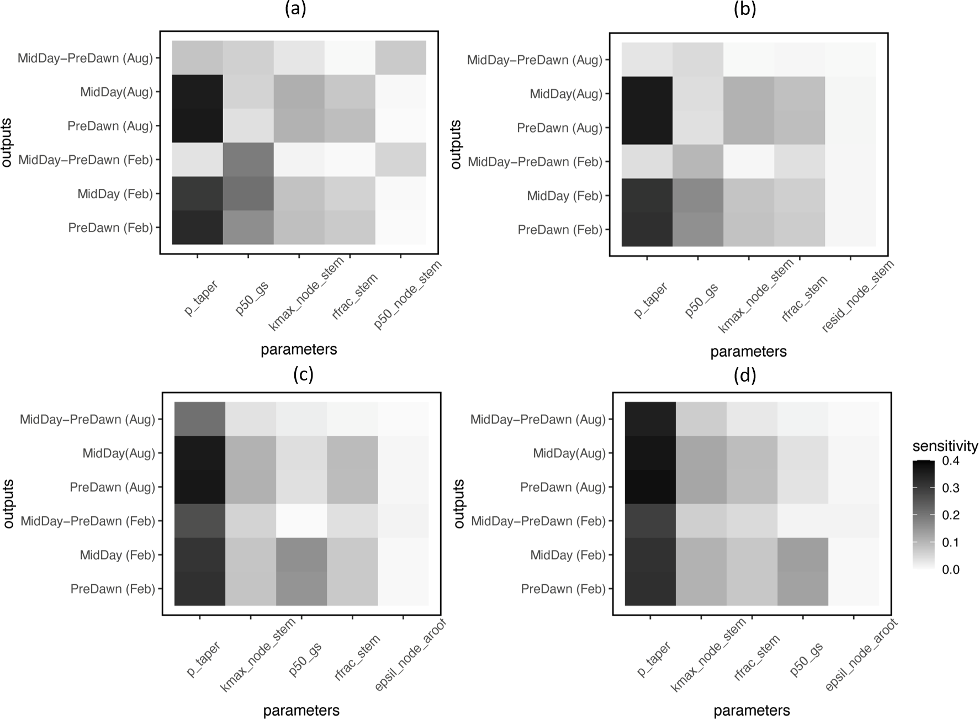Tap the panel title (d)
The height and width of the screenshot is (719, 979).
745,375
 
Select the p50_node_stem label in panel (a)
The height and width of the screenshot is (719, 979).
408,295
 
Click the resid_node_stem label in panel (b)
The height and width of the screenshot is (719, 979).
858,297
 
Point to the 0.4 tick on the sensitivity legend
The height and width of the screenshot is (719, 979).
951,461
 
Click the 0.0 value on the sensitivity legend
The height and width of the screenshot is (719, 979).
951,569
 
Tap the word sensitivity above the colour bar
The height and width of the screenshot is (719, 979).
945,446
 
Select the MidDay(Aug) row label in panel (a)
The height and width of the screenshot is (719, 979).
117,92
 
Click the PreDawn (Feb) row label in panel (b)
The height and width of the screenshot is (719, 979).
560,230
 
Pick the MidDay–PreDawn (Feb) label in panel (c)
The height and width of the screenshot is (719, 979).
88,521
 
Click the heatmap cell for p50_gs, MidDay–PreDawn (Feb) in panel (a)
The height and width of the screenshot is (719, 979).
248,160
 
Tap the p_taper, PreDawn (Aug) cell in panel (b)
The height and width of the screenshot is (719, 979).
647,128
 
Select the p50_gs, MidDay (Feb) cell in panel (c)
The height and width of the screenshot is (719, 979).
301,555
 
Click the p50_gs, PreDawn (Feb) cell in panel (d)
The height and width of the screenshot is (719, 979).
802,589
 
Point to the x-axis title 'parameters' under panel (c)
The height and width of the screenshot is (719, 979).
301,710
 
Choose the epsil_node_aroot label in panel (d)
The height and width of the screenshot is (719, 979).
861,655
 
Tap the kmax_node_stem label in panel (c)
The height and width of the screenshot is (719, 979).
258,655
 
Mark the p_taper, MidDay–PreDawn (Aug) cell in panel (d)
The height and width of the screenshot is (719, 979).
650,419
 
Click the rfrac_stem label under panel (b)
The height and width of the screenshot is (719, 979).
805,298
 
